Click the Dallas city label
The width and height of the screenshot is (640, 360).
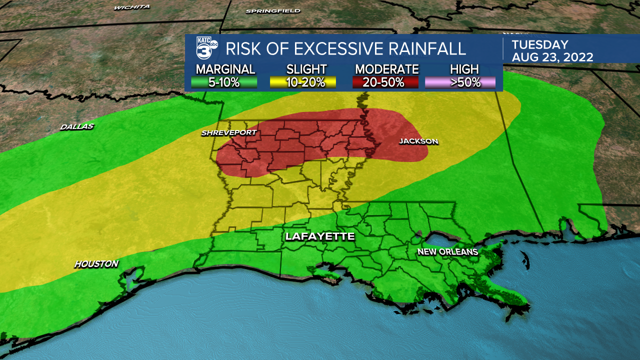point(77,126)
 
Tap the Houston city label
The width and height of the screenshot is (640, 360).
point(96,263)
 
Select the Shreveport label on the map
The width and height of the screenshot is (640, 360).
point(229,132)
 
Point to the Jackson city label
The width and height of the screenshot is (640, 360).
point(418,141)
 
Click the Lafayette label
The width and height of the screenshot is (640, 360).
point(320,236)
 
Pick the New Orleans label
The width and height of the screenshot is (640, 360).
point(448,251)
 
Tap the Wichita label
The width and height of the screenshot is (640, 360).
point(132,7)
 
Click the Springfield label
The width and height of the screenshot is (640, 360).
point(273,10)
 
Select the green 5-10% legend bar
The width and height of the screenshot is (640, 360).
point(224,82)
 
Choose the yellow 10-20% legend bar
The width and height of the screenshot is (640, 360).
point(303,82)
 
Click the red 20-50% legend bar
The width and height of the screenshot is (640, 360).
point(385,82)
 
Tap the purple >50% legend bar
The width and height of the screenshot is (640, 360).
point(460,82)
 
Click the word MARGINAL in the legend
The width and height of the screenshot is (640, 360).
point(225,69)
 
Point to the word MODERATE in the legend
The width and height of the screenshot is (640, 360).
point(386,69)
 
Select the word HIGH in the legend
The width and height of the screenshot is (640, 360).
point(464,69)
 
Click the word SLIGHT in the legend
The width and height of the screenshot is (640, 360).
point(306,69)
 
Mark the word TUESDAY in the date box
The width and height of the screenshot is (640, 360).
point(540,44)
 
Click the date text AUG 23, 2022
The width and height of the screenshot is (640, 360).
point(552,57)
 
